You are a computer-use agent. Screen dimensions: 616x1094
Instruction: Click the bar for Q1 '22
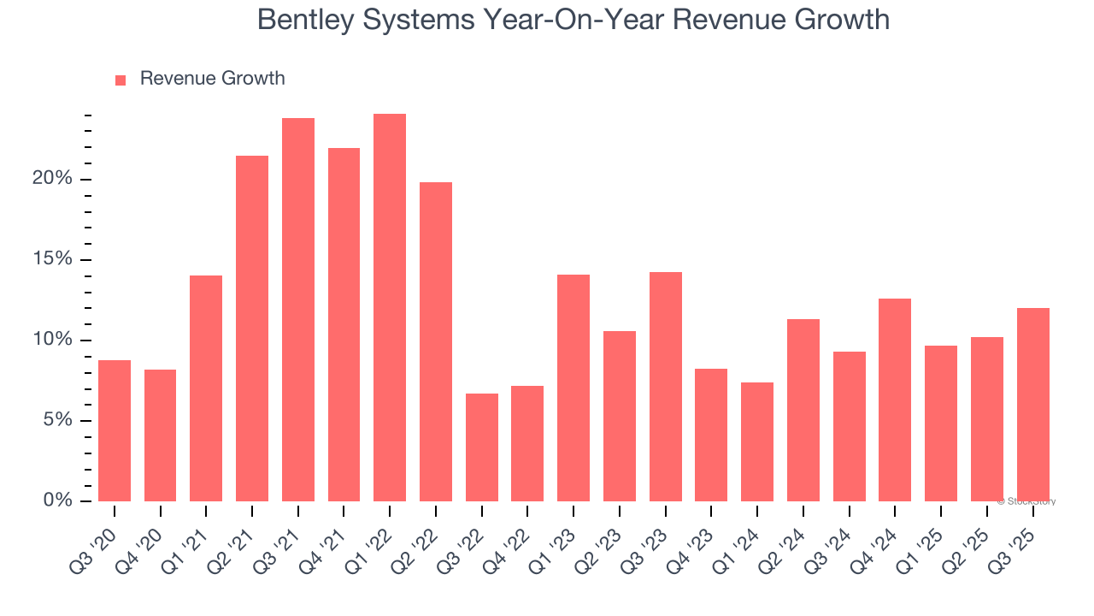point(390,308)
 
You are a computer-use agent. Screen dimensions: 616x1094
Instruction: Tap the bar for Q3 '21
point(298,310)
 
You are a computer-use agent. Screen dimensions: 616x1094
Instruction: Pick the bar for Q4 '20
point(161,435)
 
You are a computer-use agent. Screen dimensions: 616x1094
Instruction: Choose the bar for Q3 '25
point(1032,405)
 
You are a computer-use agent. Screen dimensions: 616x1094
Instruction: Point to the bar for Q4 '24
point(895,400)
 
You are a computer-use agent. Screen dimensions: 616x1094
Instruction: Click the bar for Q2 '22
point(436,342)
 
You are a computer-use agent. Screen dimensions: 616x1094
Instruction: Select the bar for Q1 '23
point(573,388)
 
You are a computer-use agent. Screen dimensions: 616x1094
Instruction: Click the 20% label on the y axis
point(52,179)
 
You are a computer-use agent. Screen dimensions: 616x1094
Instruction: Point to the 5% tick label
point(57,420)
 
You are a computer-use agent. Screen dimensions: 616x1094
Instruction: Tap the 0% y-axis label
point(57,500)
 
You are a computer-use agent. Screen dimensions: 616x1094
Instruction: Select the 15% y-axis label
point(52,259)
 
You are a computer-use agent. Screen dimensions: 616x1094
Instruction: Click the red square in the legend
point(121,80)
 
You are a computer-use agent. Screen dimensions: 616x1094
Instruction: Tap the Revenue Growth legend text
point(212,79)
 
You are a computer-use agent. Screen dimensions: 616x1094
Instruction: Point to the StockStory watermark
point(1026,501)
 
